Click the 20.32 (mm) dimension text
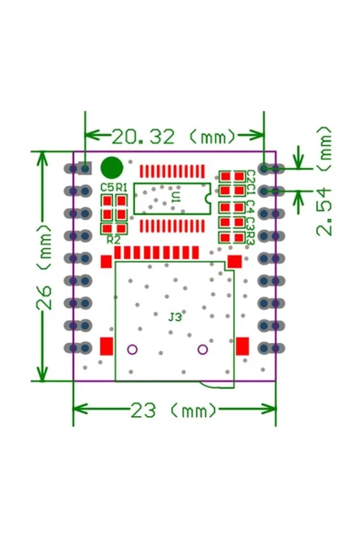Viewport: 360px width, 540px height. (x=174, y=137)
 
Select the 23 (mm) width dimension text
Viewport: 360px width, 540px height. (x=173, y=410)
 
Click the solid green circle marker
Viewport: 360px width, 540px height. (x=112, y=168)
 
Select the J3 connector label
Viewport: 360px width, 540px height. (x=175, y=317)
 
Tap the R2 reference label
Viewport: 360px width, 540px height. (x=113, y=239)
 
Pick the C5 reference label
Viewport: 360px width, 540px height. (x=107, y=188)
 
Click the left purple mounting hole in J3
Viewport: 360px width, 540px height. (x=132, y=349)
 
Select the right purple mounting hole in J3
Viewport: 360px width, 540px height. (x=202, y=349)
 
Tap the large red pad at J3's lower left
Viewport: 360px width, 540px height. (x=106, y=346)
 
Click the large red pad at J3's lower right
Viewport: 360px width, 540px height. (x=242, y=346)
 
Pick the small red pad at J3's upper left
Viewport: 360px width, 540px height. (x=106, y=262)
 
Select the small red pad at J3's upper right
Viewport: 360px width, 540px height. (x=233, y=262)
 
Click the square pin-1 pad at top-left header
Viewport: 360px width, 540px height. (x=85, y=169)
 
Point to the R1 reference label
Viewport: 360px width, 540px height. (x=121, y=188)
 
